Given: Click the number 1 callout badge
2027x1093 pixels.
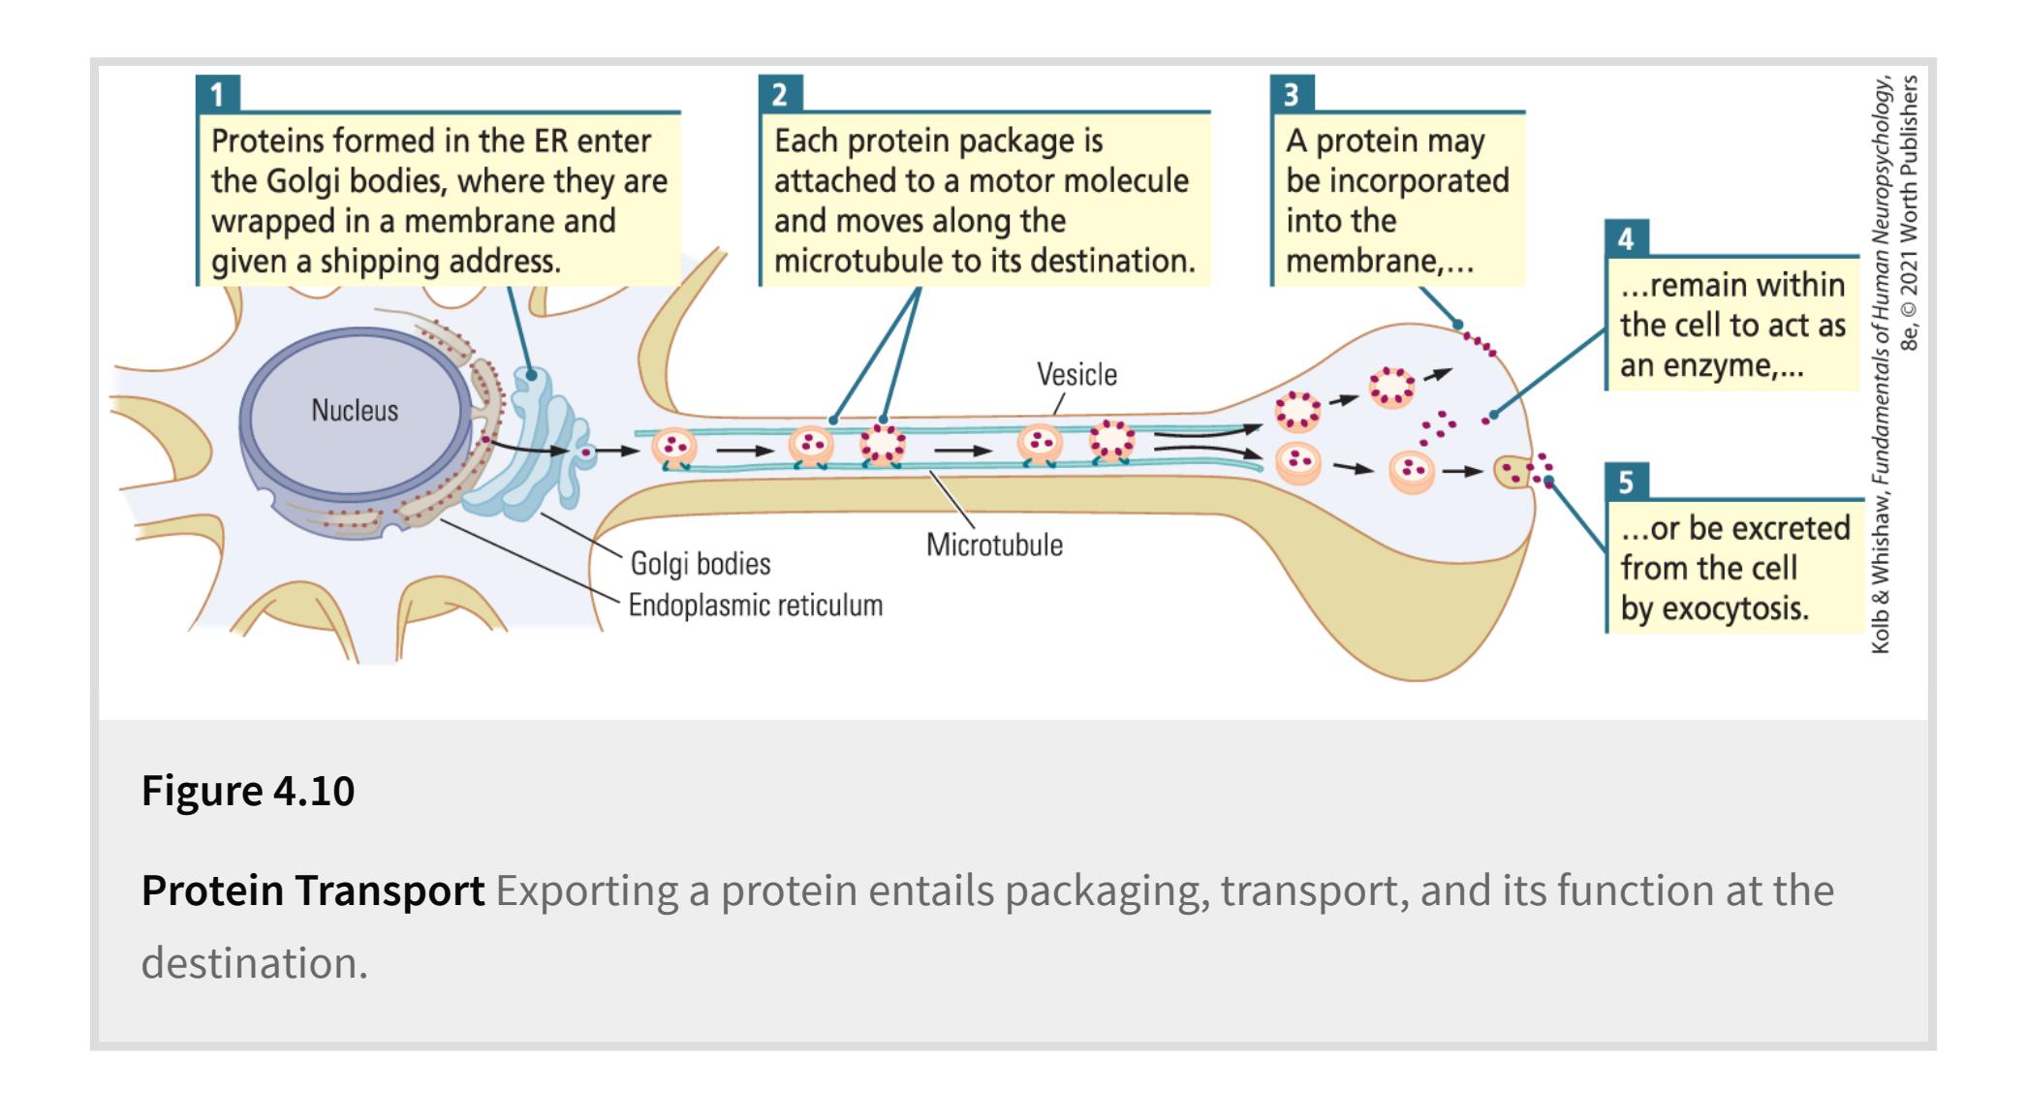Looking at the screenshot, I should click(217, 94).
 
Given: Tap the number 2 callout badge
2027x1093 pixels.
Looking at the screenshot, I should click(780, 94).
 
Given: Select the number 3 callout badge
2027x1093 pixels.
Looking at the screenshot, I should click(1292, 94).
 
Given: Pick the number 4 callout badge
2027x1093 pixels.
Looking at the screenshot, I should click(1626, 238).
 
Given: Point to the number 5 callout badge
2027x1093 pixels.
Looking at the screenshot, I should click(1626, 482).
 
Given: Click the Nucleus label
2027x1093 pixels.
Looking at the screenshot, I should click(355, 411).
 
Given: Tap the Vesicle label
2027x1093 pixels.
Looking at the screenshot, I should click(1076, 375).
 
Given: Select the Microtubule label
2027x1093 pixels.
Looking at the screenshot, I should click(994, 546).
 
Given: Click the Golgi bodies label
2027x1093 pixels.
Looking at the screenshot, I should click(701, 564).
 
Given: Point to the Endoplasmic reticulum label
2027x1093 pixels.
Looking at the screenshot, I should click(756, 606).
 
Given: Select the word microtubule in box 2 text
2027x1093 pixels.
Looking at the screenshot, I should click(848, 262).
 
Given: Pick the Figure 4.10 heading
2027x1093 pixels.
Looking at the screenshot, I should click(248, 791).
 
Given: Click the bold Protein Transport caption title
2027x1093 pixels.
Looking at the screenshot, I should click(313, 890).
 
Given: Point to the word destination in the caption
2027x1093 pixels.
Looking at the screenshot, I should click(254, 963).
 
